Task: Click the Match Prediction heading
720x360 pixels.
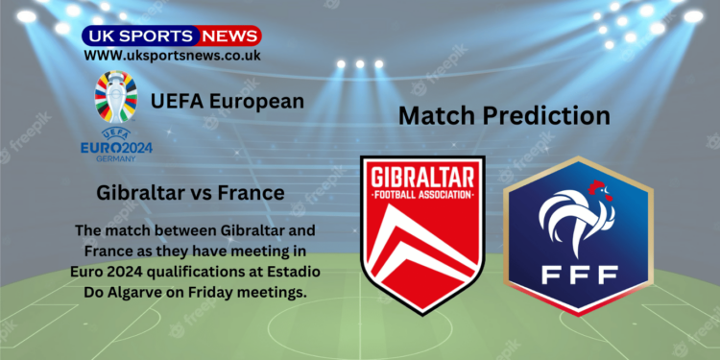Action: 504,117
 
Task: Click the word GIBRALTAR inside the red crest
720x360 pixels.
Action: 421,179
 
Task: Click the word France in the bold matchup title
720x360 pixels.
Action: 251,193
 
